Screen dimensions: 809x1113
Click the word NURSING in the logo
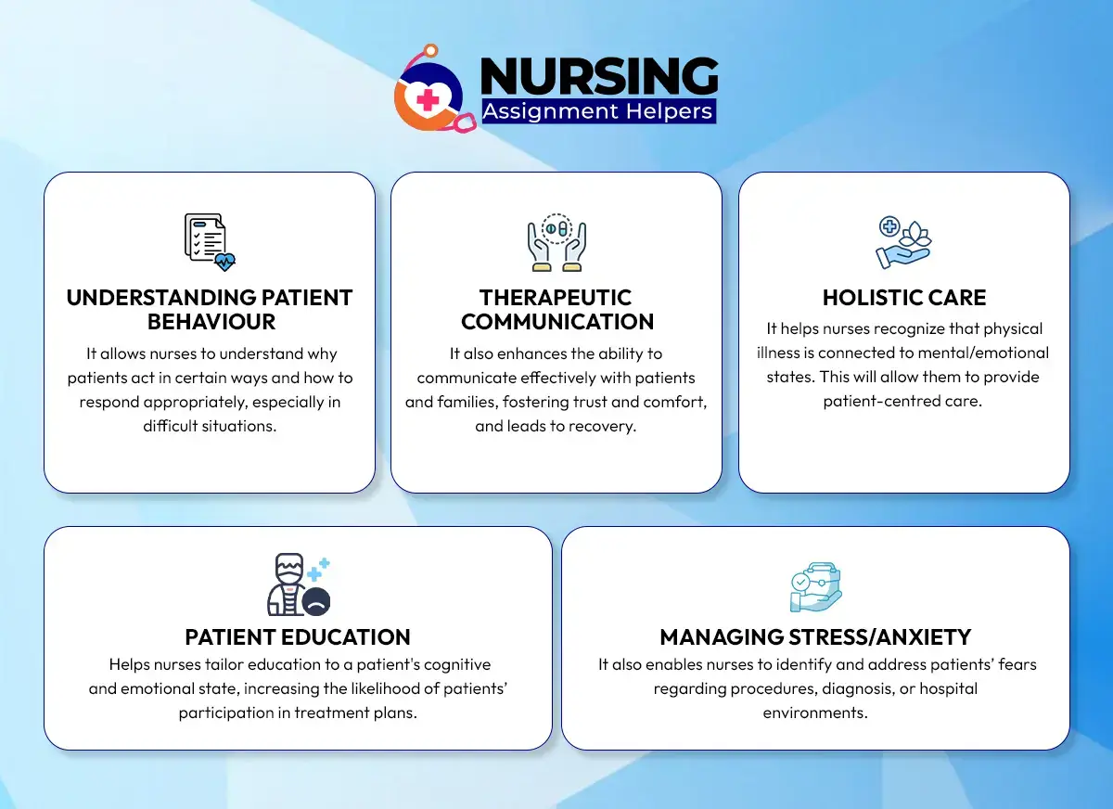599,76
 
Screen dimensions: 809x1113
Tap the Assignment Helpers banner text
598,112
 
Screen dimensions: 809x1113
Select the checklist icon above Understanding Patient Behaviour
209,241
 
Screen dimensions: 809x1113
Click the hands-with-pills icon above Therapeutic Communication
556,241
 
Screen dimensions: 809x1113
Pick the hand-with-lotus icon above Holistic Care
903,241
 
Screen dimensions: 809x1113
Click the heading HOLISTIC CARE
904,298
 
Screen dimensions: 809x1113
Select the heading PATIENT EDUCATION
298,637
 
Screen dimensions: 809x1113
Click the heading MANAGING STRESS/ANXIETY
815,637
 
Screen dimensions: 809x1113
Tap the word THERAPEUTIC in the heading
556,298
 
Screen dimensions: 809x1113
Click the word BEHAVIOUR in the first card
210,322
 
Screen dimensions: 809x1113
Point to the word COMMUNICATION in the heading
556,322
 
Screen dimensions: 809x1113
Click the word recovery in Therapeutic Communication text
607,427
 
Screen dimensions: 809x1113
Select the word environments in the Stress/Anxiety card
815,713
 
